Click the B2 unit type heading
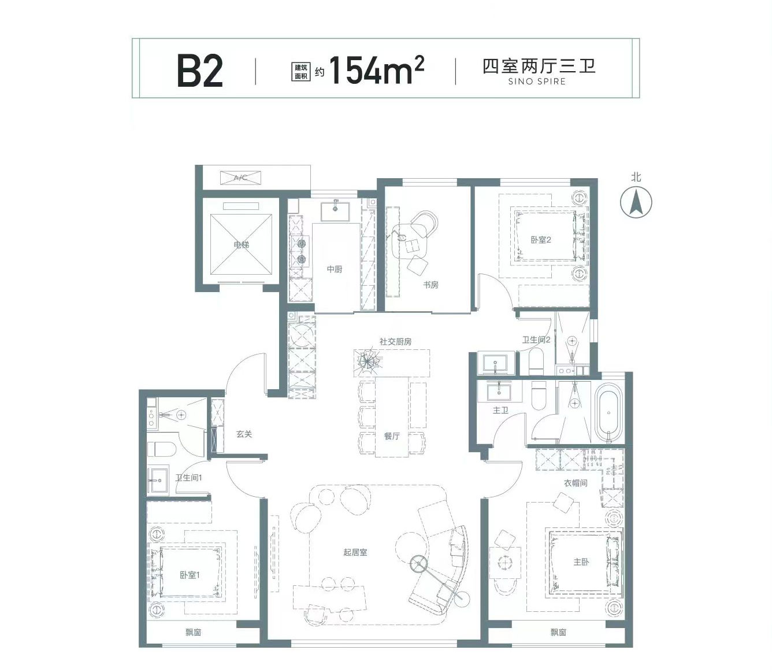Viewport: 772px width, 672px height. pyautogui.click(x=200, y=72)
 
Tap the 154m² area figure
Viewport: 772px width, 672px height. pyautogui.click(x=377, y=70)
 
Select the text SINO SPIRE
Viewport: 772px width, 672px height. pyautogui.click(x=537, y=82)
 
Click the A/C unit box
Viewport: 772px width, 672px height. pyautogui.click(x=241, y=178)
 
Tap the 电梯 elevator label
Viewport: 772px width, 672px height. pyautogui.click(x=241, y=245)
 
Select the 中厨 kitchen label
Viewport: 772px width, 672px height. pyautogui.click(x=335, y=269)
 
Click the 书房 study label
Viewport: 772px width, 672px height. pyautogui.click(x=430, y=285)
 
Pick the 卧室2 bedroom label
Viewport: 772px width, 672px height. pyautogui.click(x=541, y=240)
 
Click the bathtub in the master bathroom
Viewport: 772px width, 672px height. pyautogui.click(x=608, y=413)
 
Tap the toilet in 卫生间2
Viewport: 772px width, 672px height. pyautogui.click(x=536, y=361)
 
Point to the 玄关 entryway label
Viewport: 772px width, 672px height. pyautogui.click(x=244, y=434)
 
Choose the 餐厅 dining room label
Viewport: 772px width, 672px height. pyautogui.click(x=392, y=436)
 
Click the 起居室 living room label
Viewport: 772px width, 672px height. pyautogui.click(x=355, y=552)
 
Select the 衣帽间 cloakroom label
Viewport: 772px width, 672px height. pyautogui.click(x=576, y=483)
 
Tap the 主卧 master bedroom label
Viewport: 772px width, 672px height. pyautogui.click(x=581, y=562)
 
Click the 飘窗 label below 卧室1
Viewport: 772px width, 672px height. pyautogui.click(x=193, y=632)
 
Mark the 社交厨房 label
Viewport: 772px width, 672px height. pyautogui.click(x=395, y=342)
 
